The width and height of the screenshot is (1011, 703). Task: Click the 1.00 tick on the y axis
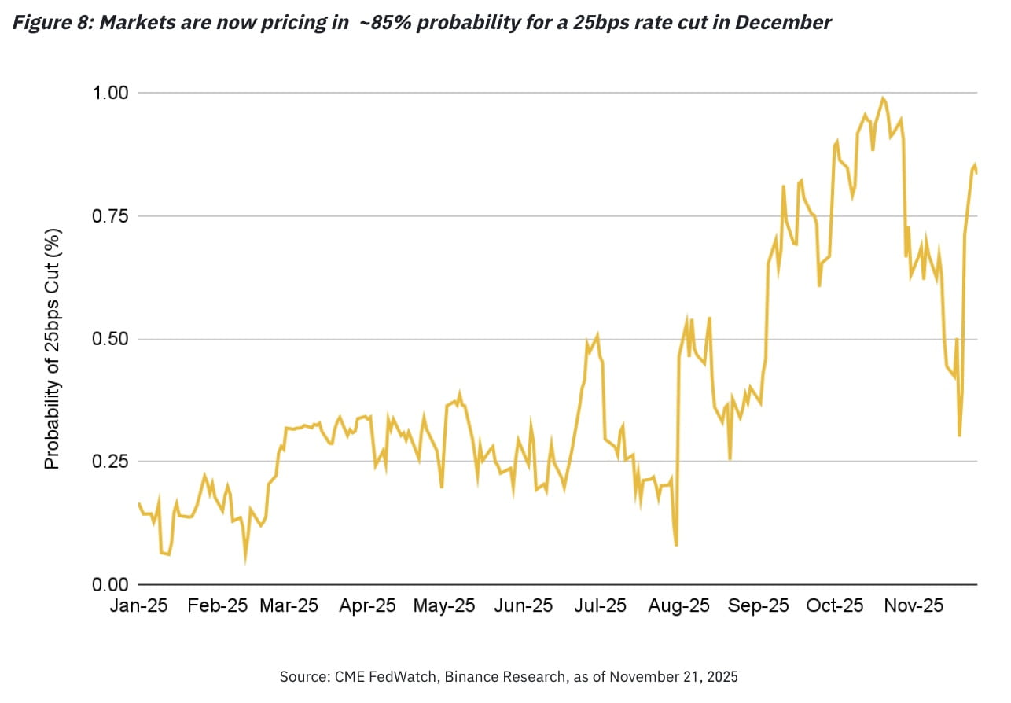point(109,93)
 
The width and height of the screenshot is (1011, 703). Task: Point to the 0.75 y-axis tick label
point(109,216)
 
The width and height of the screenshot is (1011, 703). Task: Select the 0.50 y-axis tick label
point(109,340)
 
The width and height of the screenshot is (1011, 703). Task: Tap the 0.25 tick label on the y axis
point(109,462)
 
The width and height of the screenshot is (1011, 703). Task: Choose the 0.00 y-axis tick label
point(109,585)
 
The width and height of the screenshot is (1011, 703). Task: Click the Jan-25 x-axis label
point(139,606)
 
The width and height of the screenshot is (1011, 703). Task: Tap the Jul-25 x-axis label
point(600,606)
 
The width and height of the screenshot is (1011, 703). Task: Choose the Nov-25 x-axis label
point(915,606)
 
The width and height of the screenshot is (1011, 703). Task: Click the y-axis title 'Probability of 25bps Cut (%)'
point(53,348)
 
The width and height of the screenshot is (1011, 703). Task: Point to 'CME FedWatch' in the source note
point(368,676)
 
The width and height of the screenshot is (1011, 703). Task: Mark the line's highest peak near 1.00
point(883,98)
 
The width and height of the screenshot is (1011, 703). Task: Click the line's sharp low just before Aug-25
point(676,545)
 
